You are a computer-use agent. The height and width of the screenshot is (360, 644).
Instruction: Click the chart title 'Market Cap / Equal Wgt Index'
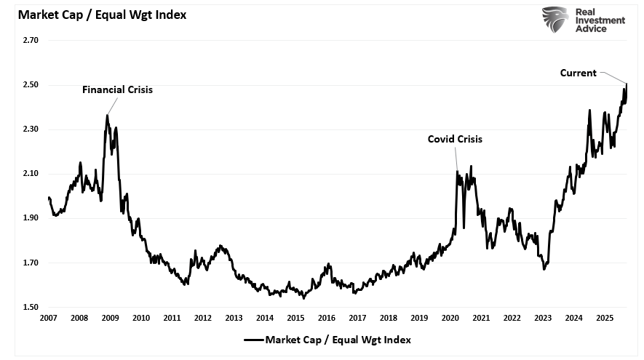(x=98, y=15)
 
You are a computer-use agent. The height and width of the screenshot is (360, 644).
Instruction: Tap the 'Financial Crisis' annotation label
(x=117, y=89)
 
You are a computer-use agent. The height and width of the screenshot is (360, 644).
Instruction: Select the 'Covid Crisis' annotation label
(x=455, y=139)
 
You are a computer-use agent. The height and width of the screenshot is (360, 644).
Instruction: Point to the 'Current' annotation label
(x=578, y=73)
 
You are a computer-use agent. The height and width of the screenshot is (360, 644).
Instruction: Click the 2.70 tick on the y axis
(x=31, y=41)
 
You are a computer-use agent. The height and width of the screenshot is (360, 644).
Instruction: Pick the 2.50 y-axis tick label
(x=31, y=85)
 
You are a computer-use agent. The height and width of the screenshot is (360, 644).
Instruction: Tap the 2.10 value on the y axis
(x=31, y=174)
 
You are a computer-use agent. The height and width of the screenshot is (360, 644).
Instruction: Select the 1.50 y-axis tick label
(x=31, y=307)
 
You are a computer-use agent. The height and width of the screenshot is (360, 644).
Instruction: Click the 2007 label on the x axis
(x=48, y=319)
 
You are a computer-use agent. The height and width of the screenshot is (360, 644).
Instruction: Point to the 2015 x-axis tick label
(x=295, y=319)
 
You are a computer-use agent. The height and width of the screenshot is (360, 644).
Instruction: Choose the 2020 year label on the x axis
(x=450, y=319)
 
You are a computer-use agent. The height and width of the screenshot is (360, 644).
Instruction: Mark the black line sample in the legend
(x=253, y=339)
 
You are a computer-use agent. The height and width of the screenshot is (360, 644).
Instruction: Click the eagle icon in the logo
(x=554, y=20)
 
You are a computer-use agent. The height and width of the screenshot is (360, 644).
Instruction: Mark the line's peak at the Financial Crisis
(x=108, y=115)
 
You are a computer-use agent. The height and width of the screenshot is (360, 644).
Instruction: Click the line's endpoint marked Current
(x=627, y=84)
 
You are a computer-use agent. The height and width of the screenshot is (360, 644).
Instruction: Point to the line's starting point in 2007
(x=48, y=198)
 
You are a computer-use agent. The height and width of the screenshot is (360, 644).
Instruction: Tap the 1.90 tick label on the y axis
(x=31, y=218)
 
